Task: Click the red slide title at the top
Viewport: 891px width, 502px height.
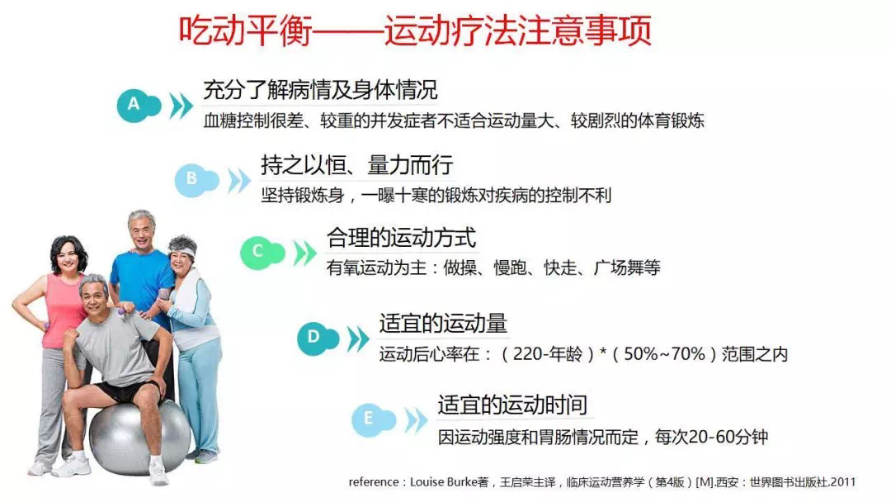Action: pos(415,30)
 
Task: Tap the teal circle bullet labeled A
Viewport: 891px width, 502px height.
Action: pos(139,105)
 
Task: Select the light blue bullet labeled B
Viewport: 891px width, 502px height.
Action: pos(196,180)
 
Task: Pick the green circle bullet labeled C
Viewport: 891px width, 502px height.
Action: pos(262,253)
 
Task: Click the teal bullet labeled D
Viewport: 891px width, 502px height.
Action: pos(318,339)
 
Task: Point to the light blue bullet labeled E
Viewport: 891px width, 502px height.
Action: pos(373,419)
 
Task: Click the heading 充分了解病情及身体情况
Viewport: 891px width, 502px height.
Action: pos(320,90)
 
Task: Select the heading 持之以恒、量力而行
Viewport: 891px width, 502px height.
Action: pos(357,165)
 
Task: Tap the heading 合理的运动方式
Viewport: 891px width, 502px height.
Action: pos(401,238)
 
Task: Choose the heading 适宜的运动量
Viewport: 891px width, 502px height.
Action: pos(443,324)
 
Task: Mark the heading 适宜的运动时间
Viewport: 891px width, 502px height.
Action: pos(512,405)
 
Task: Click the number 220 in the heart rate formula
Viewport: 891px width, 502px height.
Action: pos(528,354)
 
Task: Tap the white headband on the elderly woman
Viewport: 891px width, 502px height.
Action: pos(183,249)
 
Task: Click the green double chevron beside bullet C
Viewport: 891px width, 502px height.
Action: pos(304,253)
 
